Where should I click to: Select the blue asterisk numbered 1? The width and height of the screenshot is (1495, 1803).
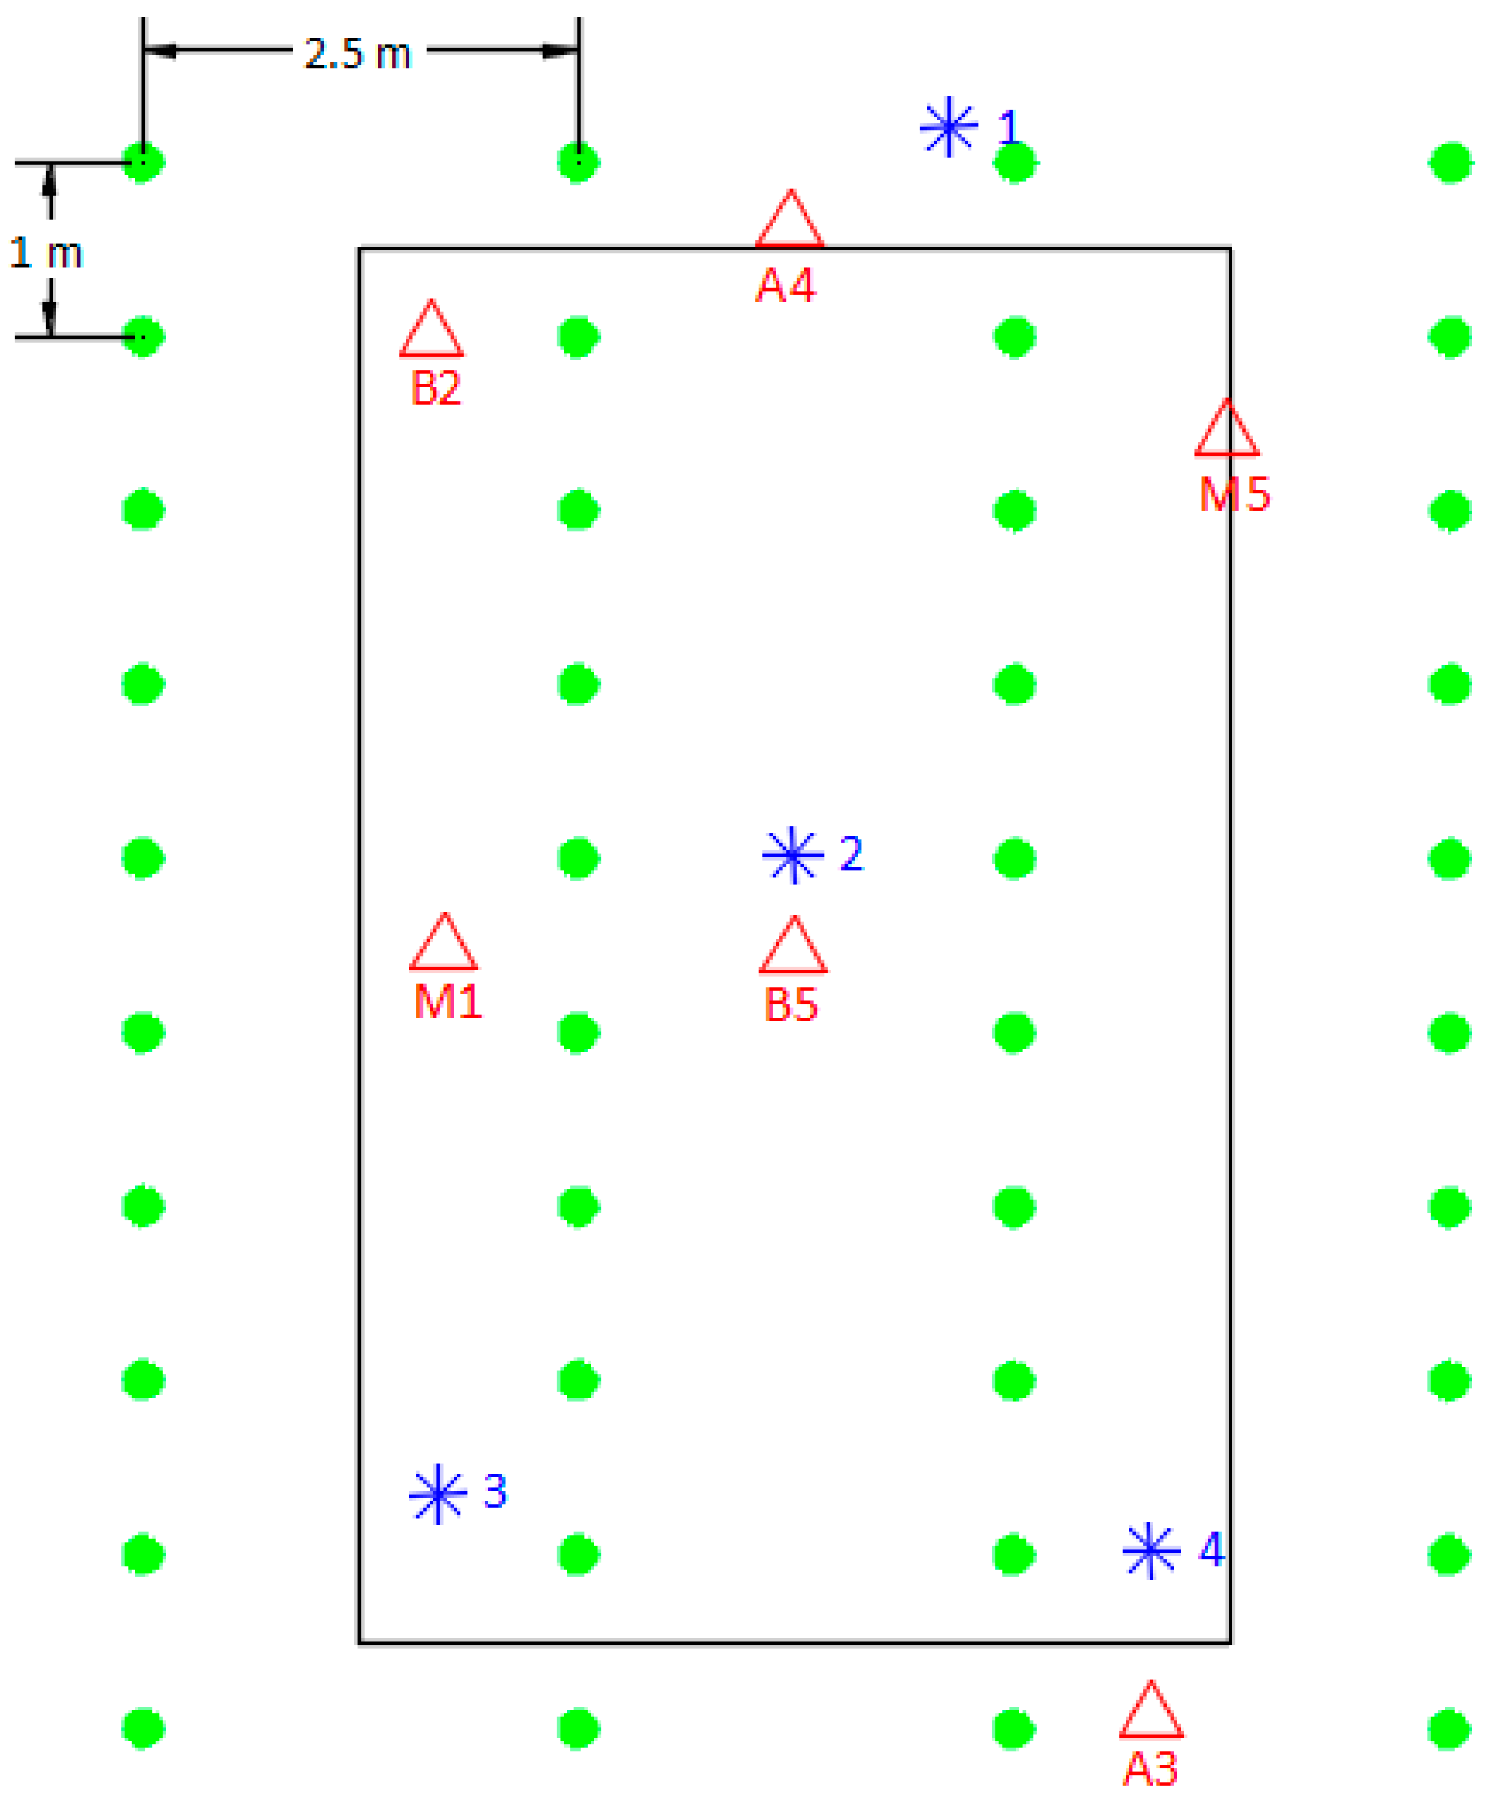pyautogui.click(x=949, y=127)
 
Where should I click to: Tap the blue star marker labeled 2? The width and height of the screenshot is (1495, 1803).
pyautogui.click(x=792, y=854)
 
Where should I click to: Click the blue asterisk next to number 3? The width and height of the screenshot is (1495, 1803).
pyautogui.click(x=438, y=1495)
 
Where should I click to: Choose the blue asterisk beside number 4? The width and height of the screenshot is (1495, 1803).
pyautogui.click(x=1150, y=1550)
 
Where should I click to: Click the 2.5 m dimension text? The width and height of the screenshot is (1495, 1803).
pyautogui.click(x=358, y=54)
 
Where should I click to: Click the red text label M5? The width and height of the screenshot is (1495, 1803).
pyautogui.click(x=1235, y=493)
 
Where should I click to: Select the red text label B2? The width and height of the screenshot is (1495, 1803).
pyautogui.click(x=436, y=387)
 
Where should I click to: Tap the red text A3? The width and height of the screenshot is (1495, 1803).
pyautogui.click(x=1150, y=1768)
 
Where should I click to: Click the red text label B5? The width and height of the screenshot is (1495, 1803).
pyautogui.click(x=791, y=1004)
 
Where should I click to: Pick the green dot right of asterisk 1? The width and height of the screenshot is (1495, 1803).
pyautogui.click(x=1015, y=162)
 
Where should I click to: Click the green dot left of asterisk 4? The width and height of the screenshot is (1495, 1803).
pyautogui.click(x=1014, y=1554)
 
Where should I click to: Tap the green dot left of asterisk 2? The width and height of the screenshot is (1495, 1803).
pyautogui.click(x=578, y=857)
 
